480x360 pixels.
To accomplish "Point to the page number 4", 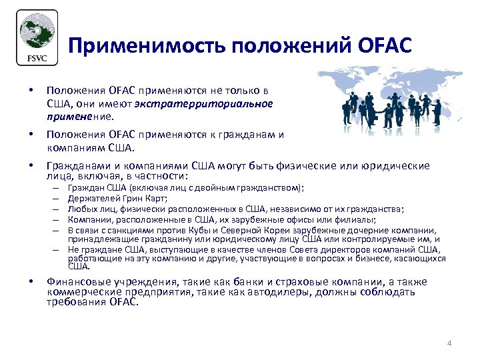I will tap(449, 343).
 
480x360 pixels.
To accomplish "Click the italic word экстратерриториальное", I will tap(203, 103).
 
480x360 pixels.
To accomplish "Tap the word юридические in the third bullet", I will tap(393, 165).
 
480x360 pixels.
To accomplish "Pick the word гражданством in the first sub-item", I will tap(266, 188).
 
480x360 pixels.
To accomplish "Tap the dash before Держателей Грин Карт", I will tap(57, 198).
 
